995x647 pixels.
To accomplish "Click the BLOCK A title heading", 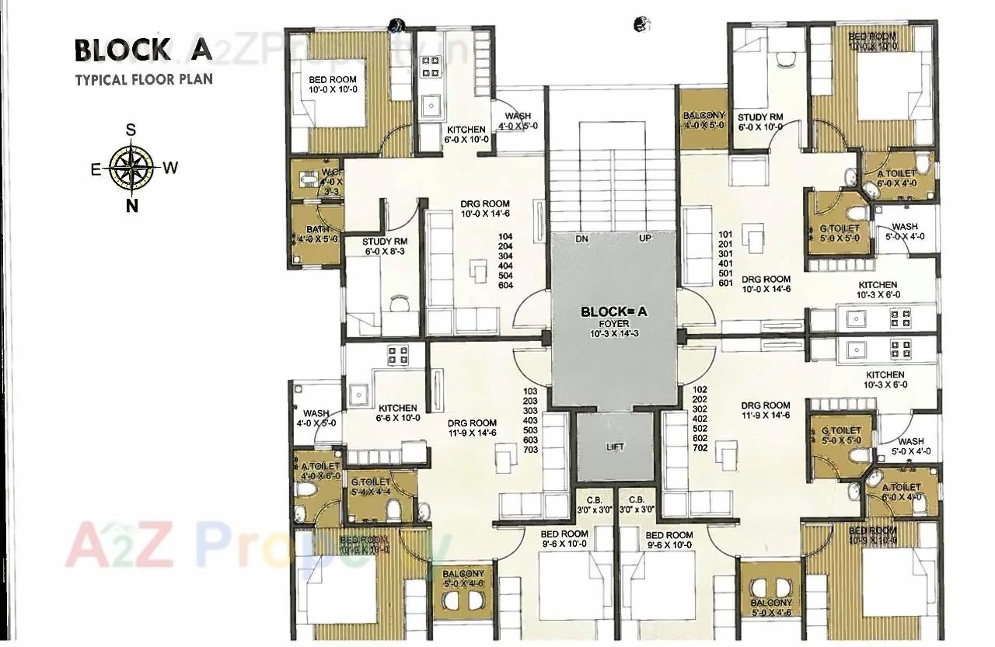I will [143, 50].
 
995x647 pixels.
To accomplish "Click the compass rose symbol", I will [131, 167].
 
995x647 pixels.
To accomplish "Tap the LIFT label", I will [615, 447].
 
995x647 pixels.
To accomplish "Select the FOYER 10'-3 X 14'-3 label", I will [614, 328].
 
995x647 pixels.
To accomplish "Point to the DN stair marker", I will [581, 238].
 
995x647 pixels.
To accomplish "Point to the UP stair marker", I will [644, 238].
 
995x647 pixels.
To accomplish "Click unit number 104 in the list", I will [506, 235].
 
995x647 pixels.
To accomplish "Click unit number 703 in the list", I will [531, 450].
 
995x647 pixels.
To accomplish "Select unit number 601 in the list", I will [725, 283].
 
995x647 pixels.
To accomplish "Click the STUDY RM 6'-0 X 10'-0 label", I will [759, 122].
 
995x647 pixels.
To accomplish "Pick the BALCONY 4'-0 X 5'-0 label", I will [704, 120].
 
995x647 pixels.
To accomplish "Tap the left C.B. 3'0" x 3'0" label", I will [595, 504].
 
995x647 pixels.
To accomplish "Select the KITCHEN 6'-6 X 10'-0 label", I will [398, 412].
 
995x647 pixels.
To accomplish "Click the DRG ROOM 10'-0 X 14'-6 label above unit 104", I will [484, 209].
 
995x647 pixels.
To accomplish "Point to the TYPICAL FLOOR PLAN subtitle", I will [143, 79].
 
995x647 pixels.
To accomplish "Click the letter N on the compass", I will [131, 206].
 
